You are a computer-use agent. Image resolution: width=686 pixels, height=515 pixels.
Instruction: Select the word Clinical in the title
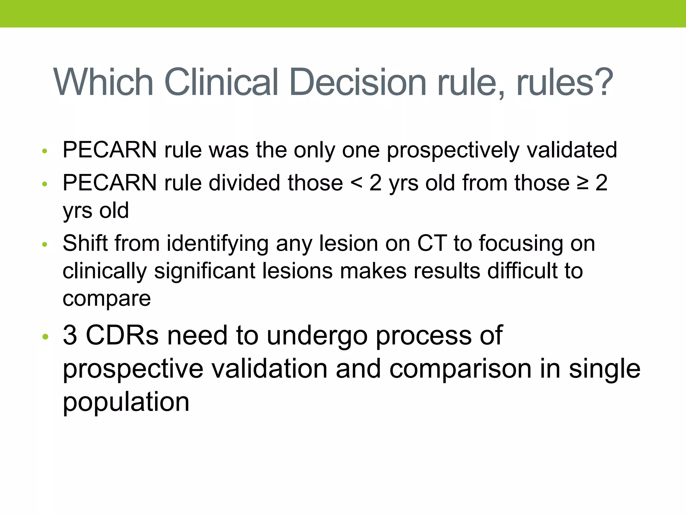(x=221, y=82)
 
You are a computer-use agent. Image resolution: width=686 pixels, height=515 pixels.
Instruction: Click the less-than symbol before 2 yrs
(x=356, y=183)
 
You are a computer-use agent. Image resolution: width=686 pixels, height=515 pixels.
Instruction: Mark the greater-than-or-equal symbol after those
(x=583, y=183)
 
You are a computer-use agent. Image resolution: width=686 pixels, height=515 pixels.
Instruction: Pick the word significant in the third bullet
(x=204, y=271)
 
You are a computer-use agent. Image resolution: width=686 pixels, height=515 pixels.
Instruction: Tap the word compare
(x=107, y=298)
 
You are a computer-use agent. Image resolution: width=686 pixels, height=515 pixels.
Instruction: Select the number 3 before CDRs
(x=70, y=335)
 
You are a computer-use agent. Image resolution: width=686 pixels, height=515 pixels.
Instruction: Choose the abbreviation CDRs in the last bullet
(x=122, y=335)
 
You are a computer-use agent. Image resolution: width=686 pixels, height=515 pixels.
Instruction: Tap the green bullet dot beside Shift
(x=45, y=245)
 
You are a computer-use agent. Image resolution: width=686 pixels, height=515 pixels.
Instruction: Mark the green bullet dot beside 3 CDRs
(x=46, y=336)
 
